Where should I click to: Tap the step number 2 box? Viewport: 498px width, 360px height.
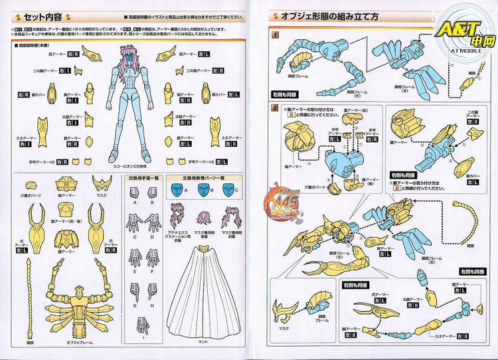click(275, 108)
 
